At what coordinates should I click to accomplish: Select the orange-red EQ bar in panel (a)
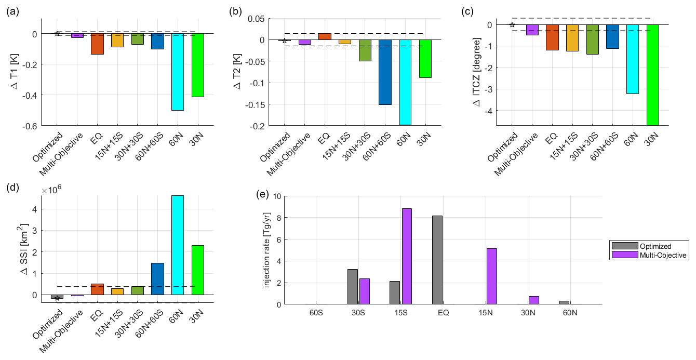pos(97,44)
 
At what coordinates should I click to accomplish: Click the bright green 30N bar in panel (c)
pos(652,75)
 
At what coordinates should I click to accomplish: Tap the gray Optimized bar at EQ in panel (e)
pos(438,260)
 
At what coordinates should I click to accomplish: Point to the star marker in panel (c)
pos(512,24)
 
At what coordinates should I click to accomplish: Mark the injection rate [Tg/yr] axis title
pos(267,250)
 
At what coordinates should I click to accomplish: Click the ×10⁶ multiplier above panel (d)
pos(51,191)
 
